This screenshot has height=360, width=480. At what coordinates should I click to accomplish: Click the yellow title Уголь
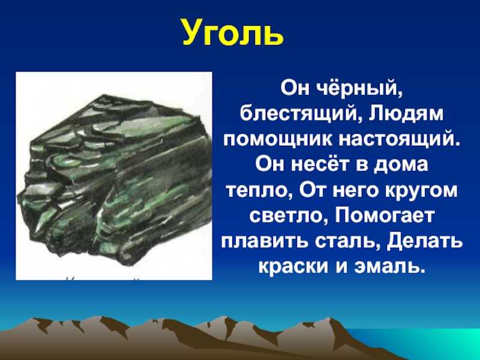tap(232, 34)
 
